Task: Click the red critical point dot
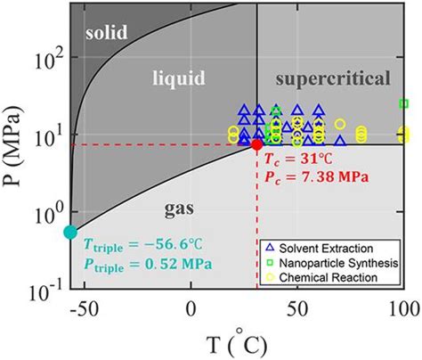[256, 144]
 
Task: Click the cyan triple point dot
[70, 233]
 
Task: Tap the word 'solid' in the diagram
[108, 33]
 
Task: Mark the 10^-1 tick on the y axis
[44, 289]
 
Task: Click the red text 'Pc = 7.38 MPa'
[312, 176]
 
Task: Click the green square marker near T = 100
[404, 103]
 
